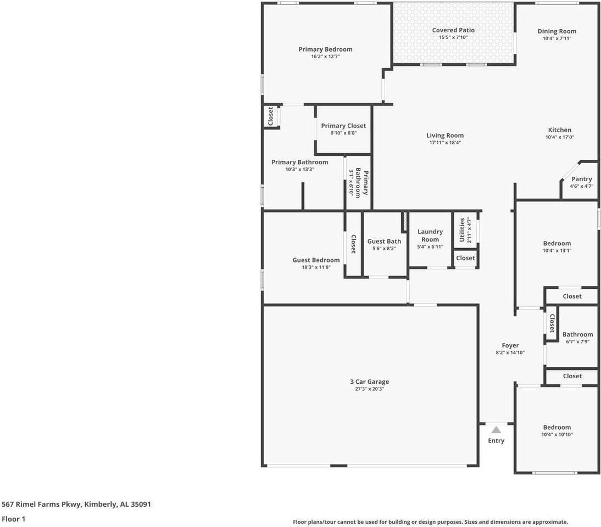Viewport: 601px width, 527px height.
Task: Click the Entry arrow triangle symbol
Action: pos(496,430)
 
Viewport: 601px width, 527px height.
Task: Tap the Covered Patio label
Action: pos(453,30)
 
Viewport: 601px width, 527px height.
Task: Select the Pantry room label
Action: pos(581,179)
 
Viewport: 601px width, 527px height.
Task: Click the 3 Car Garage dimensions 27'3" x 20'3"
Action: pos(369,389)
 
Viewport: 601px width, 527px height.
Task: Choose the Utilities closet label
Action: pos(462,230)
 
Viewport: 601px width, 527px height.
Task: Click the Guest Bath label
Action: pos(384,241)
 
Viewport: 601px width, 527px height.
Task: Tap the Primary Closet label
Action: pos(343,126)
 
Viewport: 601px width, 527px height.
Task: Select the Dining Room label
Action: pos(557,31)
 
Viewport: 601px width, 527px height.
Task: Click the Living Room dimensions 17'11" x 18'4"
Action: pos(445,143)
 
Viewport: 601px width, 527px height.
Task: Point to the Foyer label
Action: pos(510,345)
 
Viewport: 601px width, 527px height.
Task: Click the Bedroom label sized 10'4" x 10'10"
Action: pos(557,427)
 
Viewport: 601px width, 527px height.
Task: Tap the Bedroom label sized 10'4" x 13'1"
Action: pos(557,243)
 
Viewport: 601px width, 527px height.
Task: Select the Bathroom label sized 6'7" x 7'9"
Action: pos(577,334)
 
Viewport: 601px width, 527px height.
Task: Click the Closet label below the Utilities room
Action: pos(465,258)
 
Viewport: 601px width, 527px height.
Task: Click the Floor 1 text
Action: pos(13,519)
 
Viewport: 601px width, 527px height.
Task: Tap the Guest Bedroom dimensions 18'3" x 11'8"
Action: pos(316,267)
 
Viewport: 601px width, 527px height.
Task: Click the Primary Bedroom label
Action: pos(325,49)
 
